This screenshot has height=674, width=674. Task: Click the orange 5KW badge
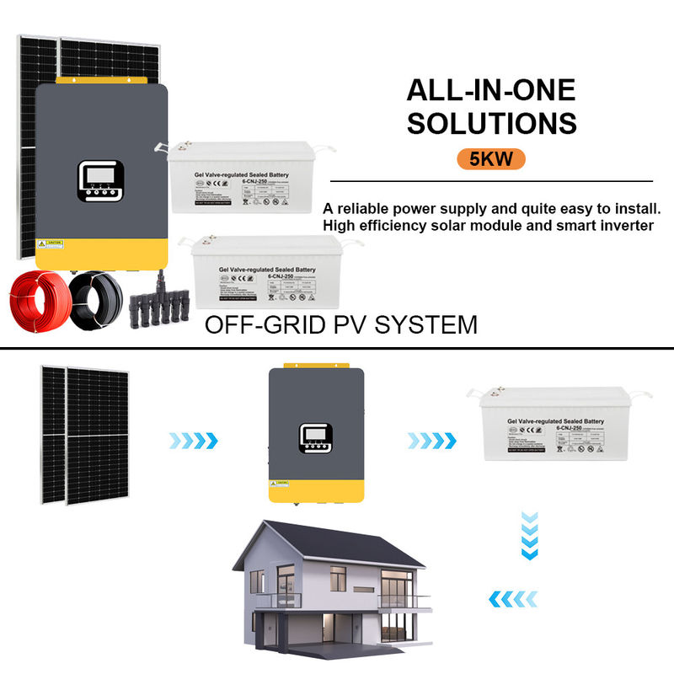coord(491,158)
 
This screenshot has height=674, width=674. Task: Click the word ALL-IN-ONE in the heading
coord(491,90)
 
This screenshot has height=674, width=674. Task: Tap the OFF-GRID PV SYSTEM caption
coord(341,324)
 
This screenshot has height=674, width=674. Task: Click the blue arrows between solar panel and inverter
coord(193,440)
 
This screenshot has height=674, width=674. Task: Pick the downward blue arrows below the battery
coord(528,533)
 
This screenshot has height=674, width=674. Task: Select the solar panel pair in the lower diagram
coord(84,435)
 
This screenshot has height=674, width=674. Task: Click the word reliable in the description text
coord(366,207)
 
